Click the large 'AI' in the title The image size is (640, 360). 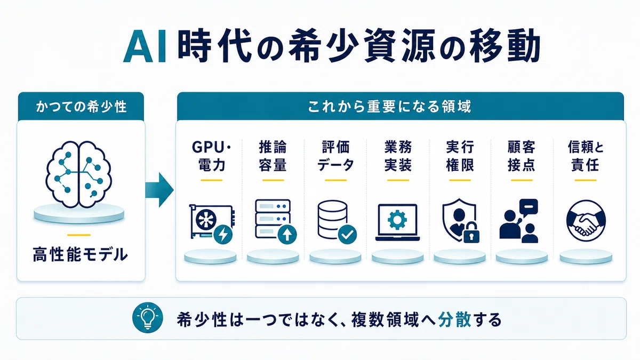coord(145,47)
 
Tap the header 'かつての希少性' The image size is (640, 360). coord(81,107)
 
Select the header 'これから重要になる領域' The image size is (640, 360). coord(389,107)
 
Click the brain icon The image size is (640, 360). coord(79,174)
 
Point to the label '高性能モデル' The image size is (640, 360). coord(81,254)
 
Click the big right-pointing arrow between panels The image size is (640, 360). coord(159,190)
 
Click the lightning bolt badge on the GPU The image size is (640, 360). coord(223,234)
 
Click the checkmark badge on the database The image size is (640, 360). coord(347,234)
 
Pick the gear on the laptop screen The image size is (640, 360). coord(397,220)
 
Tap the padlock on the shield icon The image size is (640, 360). coord(471,233)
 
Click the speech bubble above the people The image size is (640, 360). coord(529,207)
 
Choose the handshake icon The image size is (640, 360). coord(586,220)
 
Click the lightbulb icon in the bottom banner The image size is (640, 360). coord(148,317)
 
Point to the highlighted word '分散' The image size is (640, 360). coord(454,319)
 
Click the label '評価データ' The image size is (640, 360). coord(335,156)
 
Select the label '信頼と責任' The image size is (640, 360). coord(586,156)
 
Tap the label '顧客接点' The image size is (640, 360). coord(522,156)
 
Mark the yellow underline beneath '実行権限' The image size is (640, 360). coord(460,180)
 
